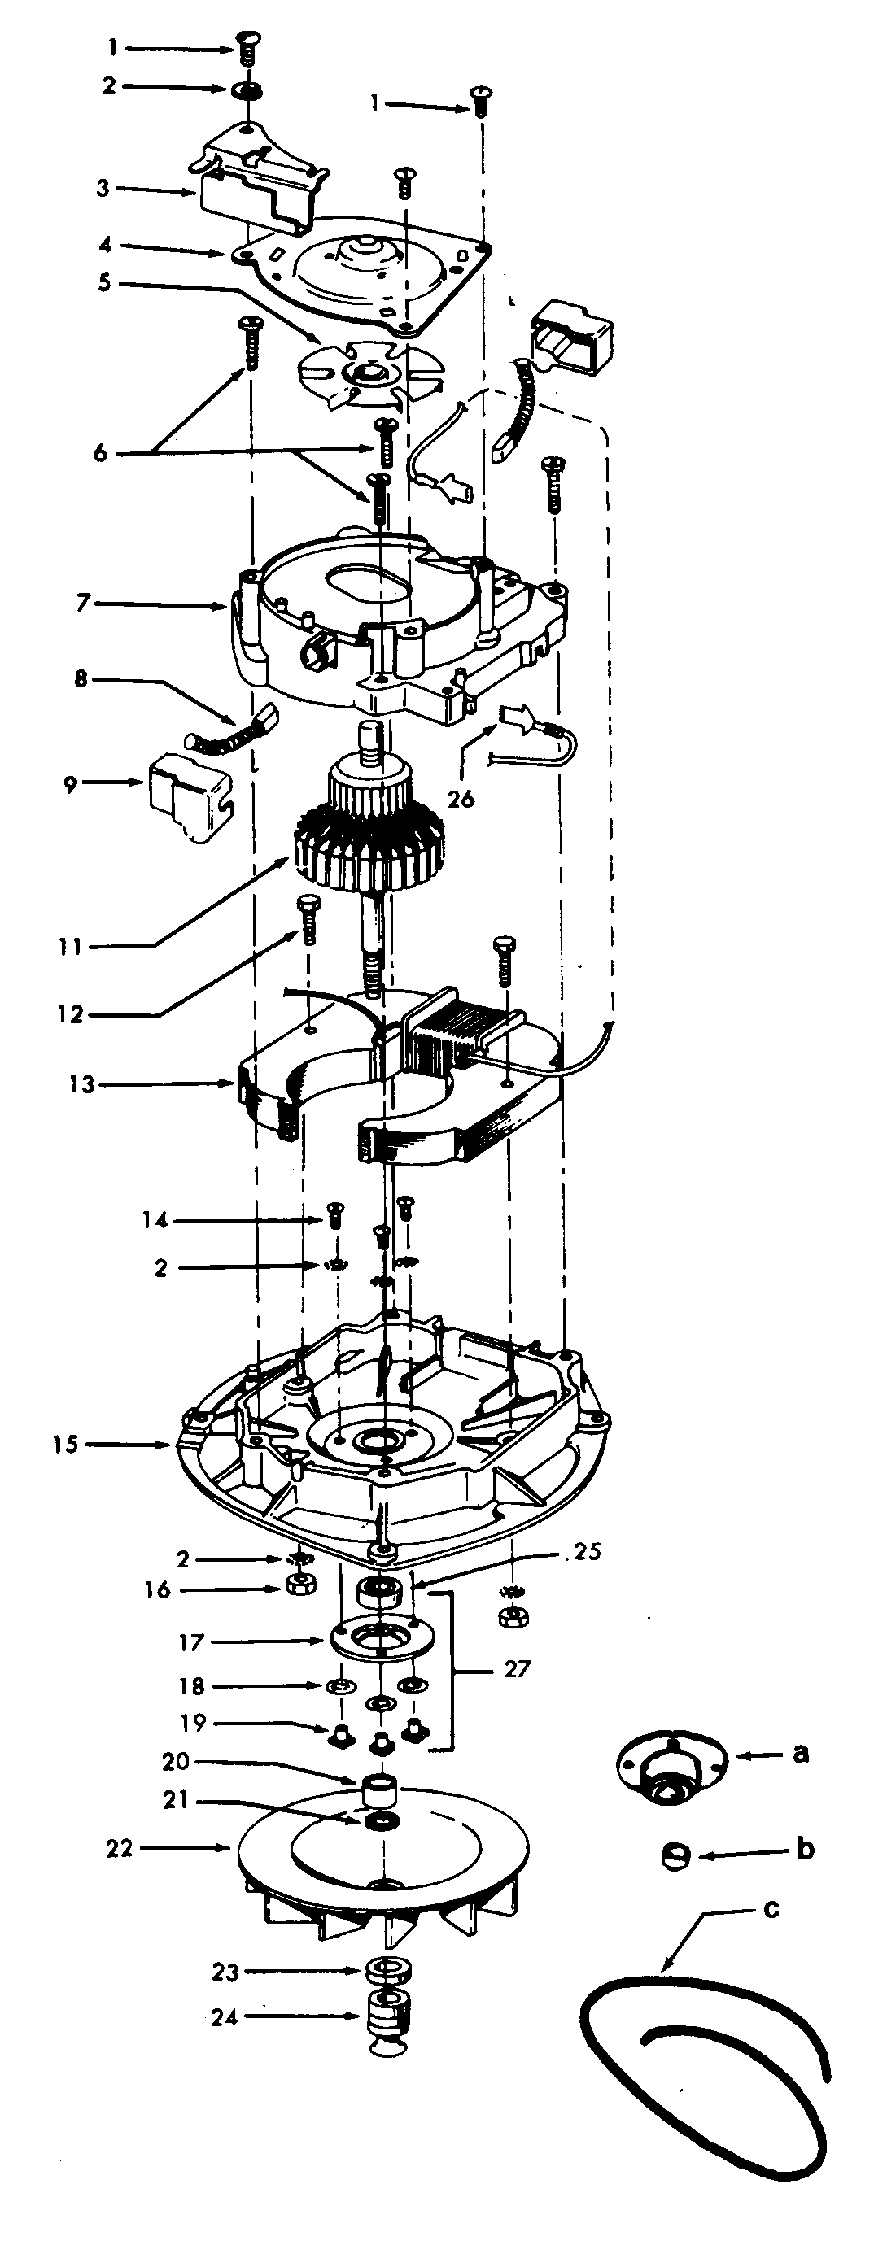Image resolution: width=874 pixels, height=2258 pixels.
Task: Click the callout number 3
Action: pyautogui.click(x=103, y=189)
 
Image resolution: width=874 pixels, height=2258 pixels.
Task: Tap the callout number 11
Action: pyautogui.click(x=71, y=947)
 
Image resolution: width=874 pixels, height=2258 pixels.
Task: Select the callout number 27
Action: pyautogui.click(x=518, y=1668)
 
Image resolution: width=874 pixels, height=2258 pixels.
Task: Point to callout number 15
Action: pyautogui.click(x=65, y=1444)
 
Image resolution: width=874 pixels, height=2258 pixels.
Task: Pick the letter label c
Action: pyautogui.click(x=771, y=1908)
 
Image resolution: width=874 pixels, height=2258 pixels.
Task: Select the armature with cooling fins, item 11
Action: pyautogui.click(x=368, y=842)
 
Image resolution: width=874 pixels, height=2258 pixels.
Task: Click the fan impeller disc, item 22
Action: pyautogui.click(x=382, y=1850)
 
